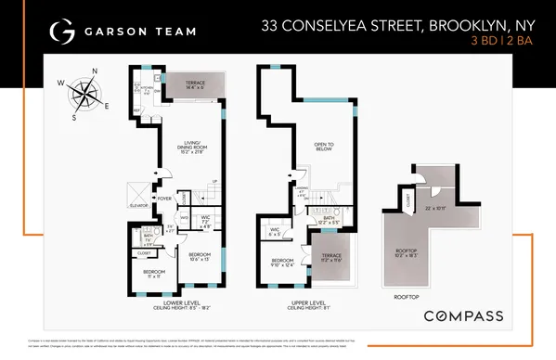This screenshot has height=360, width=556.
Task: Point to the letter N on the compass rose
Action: (97, 71)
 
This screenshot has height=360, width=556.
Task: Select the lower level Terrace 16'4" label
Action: (195, 84)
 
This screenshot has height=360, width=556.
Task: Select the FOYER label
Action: (164, 198)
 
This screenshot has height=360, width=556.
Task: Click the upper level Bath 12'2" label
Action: (330, 221)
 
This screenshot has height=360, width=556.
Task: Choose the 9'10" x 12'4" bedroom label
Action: (282, 262)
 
